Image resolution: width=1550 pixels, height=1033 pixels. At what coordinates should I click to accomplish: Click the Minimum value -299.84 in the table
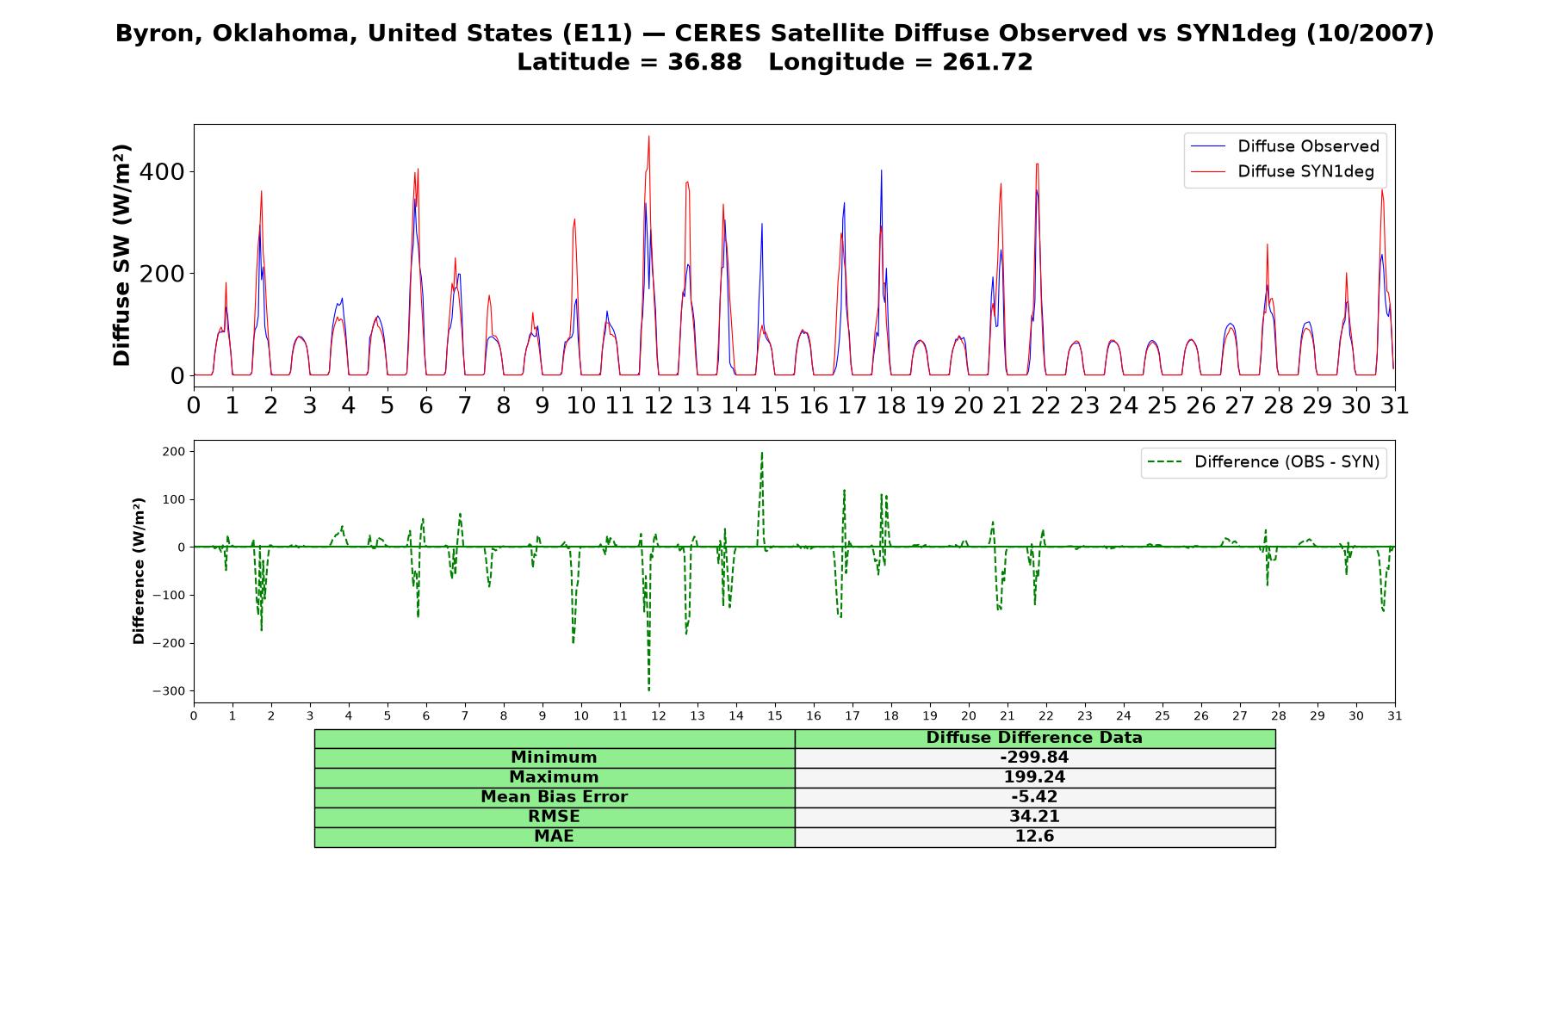click(x=1034, y=758)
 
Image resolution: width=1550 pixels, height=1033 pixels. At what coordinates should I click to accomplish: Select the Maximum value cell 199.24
click(x=1034, y=777)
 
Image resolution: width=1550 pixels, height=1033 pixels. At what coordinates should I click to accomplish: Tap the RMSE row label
click(x=554, y=817)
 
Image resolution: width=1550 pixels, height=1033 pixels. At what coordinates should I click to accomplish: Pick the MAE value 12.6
click(x=1034, y=837)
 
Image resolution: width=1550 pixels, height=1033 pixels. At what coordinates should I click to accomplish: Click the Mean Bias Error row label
click(x=554, y=797)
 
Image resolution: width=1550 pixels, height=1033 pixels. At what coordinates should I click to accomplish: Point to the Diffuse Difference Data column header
click(x=1034, y=738)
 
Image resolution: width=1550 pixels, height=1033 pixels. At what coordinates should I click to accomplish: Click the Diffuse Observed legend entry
click(x=1285, y=146)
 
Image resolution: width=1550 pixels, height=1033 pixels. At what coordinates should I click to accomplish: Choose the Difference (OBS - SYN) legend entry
click(x=1263, y=462)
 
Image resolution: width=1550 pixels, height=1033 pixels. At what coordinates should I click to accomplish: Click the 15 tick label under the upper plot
click(x=775, y=405)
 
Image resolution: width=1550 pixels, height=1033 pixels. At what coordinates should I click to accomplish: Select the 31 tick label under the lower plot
click(x=1395, y=715)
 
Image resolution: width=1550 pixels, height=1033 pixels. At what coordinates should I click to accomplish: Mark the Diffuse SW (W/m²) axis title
click(x=122, y=256)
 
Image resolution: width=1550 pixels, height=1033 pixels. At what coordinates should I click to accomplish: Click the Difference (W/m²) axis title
click(x=139, y=571)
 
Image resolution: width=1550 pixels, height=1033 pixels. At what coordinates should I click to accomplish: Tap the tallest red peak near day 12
click(x=649, y=136)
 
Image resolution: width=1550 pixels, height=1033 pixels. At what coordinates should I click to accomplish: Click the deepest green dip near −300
click(x=648, y=690)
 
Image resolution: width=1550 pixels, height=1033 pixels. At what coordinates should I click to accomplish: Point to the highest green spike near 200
click(x=762, y=453)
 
